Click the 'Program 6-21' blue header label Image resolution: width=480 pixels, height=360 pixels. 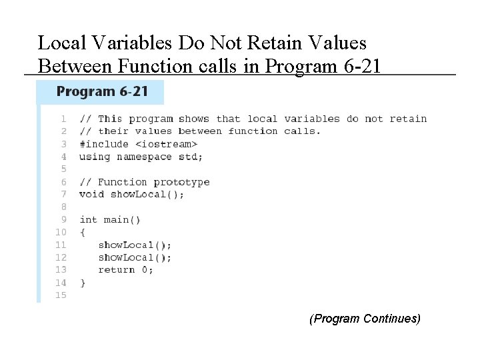click(102, 91)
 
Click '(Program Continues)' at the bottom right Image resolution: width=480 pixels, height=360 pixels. click(365, 319)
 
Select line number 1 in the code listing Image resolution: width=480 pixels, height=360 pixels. click(63, 119)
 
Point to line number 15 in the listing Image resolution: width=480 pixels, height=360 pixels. click(61, 295)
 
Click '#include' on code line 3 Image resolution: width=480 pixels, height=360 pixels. click(104, 144)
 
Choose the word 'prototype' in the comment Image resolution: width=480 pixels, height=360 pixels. click(182, 182)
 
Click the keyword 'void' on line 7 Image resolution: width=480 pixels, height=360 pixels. click(92, 195)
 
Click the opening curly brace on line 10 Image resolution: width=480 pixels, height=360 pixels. click(83, 233)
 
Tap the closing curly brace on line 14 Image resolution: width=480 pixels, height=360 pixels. click(83, 283)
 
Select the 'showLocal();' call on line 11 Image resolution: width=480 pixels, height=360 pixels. click(135, 245)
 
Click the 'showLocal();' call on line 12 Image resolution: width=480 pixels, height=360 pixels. click(135, 257)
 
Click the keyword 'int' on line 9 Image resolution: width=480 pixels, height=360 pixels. click(89, 219)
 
